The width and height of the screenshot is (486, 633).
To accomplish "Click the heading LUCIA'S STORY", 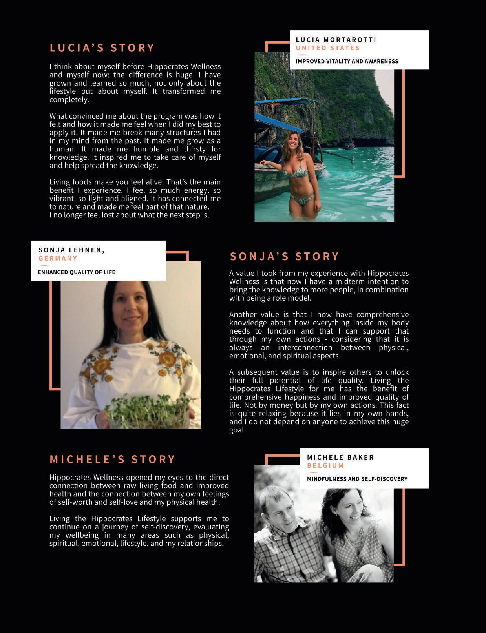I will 102,48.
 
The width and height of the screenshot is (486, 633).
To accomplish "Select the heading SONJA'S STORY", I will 284,256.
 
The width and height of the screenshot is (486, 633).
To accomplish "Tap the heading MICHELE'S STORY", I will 112,459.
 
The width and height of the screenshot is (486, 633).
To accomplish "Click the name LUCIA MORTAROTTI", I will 336,40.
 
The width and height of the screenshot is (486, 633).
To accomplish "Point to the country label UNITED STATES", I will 328,48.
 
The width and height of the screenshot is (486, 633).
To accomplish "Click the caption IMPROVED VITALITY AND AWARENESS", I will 347,61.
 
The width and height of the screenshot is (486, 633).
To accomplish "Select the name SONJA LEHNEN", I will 71,250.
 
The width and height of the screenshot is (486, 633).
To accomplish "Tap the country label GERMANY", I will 58,258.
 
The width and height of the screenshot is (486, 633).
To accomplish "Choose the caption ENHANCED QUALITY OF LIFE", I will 77,272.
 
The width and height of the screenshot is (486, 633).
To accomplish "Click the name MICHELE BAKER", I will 340,457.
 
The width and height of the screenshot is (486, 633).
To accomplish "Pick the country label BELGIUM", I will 325,465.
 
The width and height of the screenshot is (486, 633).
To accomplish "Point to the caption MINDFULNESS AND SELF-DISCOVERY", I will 357,479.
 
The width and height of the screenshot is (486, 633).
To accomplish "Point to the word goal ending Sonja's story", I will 237,430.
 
